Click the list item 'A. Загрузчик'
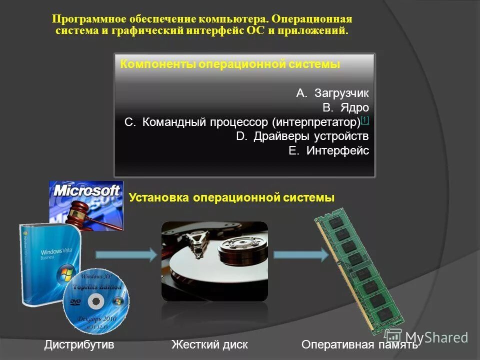click(x=332, y=93)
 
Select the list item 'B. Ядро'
click(x=345, y=107)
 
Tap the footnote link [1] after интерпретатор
click(x=364, y=120)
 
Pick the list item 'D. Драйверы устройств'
click(x=302, y=136)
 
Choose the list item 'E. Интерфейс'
click(x=329, y=151)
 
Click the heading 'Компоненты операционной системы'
click(x=230, y=65)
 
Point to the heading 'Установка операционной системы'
click(x=231, y=197)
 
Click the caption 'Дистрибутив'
click(x=79, y=344)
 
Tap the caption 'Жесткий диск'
click(x=209, y=344)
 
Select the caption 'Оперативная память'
click(x=359, y=344)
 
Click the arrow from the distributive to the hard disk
click(x=126, y=255)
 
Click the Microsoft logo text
click(x=86, y=190)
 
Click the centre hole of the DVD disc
click(x=96, y=301)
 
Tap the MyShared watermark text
click(x=436, y=337)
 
